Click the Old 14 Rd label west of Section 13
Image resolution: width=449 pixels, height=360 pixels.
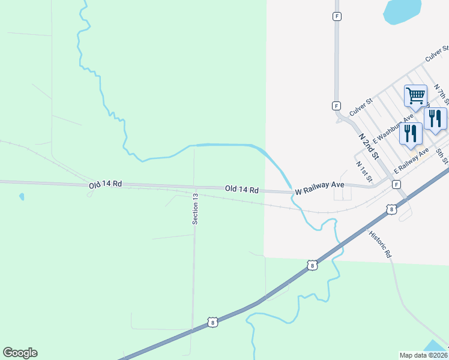click(x=106, y=185)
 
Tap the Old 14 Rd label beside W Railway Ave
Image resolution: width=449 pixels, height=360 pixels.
click(x=242, y=190)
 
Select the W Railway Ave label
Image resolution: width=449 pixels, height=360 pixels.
click(x=319, y=188)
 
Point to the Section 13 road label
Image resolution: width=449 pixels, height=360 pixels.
click(x=195, y=209)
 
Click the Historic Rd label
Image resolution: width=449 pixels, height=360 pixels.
click(x=380, y=244)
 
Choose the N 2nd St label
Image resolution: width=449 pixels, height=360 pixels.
click(x=369, y=146)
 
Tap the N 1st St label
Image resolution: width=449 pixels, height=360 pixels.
click(x=364, y=172)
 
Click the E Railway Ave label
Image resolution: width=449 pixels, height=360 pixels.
click(x=411, y=161)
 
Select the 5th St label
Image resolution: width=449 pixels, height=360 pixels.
click(x=442, y=156)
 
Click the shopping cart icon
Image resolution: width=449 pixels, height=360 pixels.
click(x=415, y=95)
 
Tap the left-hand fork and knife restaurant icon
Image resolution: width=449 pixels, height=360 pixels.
click(x=411, y=133)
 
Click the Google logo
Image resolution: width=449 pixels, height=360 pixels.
click(x=20, y=353)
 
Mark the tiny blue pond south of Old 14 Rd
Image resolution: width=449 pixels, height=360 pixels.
click(x=22, y=196)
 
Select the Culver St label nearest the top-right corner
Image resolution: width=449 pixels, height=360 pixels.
click(x=436, y=55)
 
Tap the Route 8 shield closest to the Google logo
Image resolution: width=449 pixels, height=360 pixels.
click(x=212, y=322)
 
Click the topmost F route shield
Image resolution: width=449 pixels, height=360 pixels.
click(x=337, y=16)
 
